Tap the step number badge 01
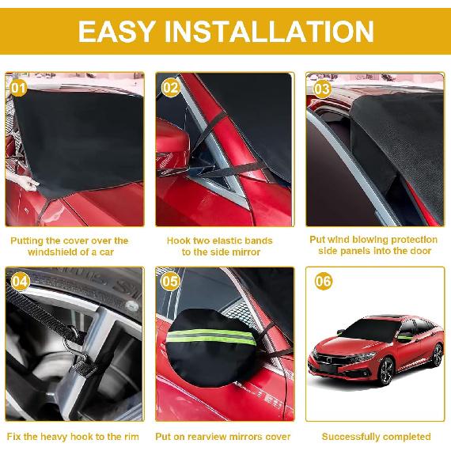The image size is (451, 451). point(18,87)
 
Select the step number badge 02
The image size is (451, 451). point(170,87)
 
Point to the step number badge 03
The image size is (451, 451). point(321,88)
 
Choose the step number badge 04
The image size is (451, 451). point(20,281)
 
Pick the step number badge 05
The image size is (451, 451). point(170,281)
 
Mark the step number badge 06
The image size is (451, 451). point(323,281)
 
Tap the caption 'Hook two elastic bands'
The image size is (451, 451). point(219,245)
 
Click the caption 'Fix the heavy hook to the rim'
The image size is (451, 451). point(73,436)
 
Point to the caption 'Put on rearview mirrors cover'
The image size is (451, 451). point(222,436)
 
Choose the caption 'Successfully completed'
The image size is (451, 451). point(376,436)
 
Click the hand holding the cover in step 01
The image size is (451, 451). point(28,184)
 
